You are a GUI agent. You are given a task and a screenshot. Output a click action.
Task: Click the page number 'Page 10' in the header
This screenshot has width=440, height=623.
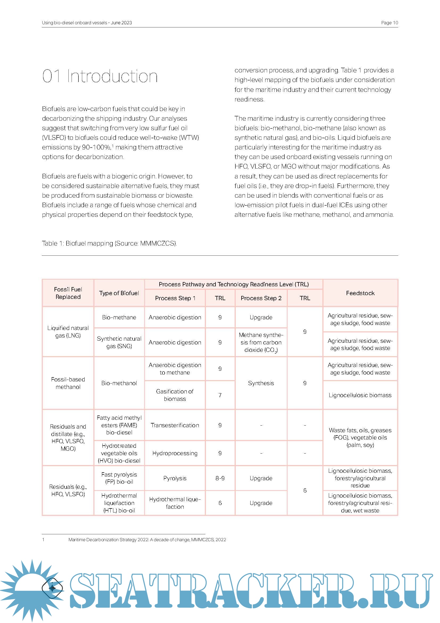[x=389, y=23]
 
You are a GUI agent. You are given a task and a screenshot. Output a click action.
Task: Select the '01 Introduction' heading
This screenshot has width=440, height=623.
[x=100, y=76]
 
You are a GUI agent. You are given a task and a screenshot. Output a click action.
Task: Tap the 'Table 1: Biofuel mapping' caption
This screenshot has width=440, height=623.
[x=109, y=243]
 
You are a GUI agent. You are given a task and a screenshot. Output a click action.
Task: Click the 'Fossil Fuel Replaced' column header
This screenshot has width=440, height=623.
[x=68, y=293]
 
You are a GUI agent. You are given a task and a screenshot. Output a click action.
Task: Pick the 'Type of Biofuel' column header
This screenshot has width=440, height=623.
[x=119, y=293]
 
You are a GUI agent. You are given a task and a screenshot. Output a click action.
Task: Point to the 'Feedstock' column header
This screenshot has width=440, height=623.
[x=360, y=293]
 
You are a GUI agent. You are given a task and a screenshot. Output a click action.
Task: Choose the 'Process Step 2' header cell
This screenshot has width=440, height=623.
[x=261, y=298]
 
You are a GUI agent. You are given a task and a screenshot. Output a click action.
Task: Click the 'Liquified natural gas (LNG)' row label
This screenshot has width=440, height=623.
[x=68, y=332]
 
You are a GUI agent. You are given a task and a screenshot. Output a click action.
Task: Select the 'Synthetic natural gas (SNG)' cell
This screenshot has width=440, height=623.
[x=119, y=342]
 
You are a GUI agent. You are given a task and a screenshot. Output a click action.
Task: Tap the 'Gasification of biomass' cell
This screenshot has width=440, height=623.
[x=175, y=395]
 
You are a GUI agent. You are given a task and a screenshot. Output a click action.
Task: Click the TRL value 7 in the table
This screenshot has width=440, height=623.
[x=220, y=395]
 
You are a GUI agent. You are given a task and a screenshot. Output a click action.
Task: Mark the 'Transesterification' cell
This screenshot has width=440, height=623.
[x=175, y=425]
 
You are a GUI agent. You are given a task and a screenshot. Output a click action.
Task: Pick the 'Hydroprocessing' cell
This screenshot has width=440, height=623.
[x=175, y=453]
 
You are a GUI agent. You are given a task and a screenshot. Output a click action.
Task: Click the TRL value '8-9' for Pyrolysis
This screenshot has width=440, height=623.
[x=220, y=478]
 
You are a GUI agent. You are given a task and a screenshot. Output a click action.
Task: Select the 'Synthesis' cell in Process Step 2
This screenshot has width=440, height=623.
[x=261, y=383]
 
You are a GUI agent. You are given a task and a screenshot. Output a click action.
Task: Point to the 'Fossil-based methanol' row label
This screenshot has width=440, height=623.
[x=68, y=383]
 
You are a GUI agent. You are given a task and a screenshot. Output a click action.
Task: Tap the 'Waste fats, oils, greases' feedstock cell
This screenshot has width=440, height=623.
[x=360, y=437]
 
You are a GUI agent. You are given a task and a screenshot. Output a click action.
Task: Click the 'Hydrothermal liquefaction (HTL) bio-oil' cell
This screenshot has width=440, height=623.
[x=119, y=503]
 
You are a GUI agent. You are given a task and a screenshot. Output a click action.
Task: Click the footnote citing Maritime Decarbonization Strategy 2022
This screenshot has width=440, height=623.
[x=147, y=540]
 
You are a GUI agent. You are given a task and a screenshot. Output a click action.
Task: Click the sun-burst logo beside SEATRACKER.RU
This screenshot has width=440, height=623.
[x=32, y=588]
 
